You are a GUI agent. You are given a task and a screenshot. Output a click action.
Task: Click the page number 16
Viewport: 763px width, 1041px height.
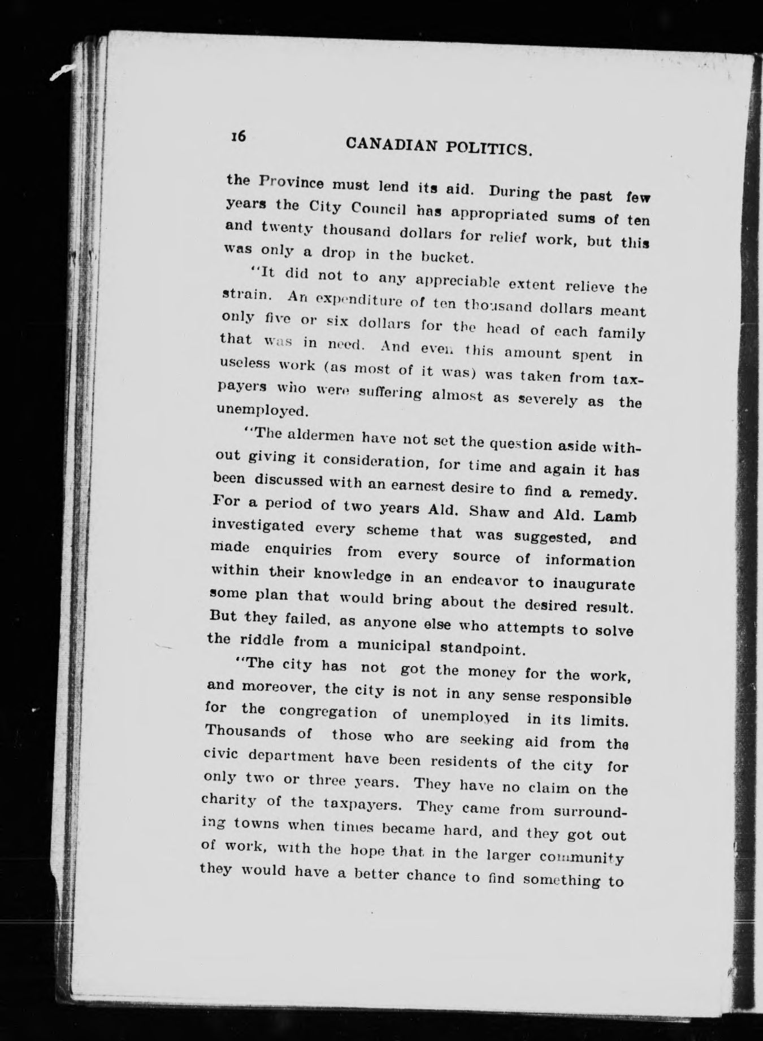coord(237,136)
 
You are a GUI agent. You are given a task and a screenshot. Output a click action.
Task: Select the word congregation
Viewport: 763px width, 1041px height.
coord(328,711)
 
